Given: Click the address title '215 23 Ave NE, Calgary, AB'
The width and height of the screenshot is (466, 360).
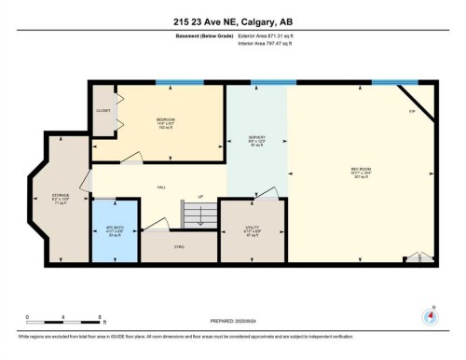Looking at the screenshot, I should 232,21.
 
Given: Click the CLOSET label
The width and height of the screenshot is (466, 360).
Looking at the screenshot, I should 103,110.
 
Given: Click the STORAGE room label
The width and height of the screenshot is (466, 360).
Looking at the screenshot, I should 61,197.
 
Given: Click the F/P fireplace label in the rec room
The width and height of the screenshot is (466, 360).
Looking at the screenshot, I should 411,110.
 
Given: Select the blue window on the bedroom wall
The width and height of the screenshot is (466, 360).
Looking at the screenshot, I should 178,82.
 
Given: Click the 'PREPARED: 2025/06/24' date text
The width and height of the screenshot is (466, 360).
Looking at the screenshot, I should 232,323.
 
